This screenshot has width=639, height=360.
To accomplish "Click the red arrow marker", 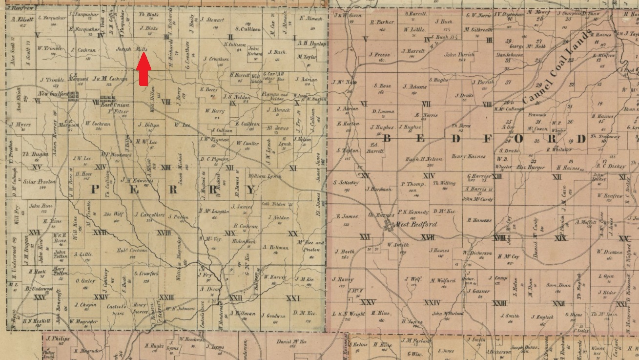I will tap(143, 70).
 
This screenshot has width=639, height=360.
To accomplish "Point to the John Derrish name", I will tap(459, 55).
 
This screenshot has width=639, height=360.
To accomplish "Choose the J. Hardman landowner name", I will tap(378, 189).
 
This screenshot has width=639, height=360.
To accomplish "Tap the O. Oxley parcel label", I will tap(85, 281).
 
